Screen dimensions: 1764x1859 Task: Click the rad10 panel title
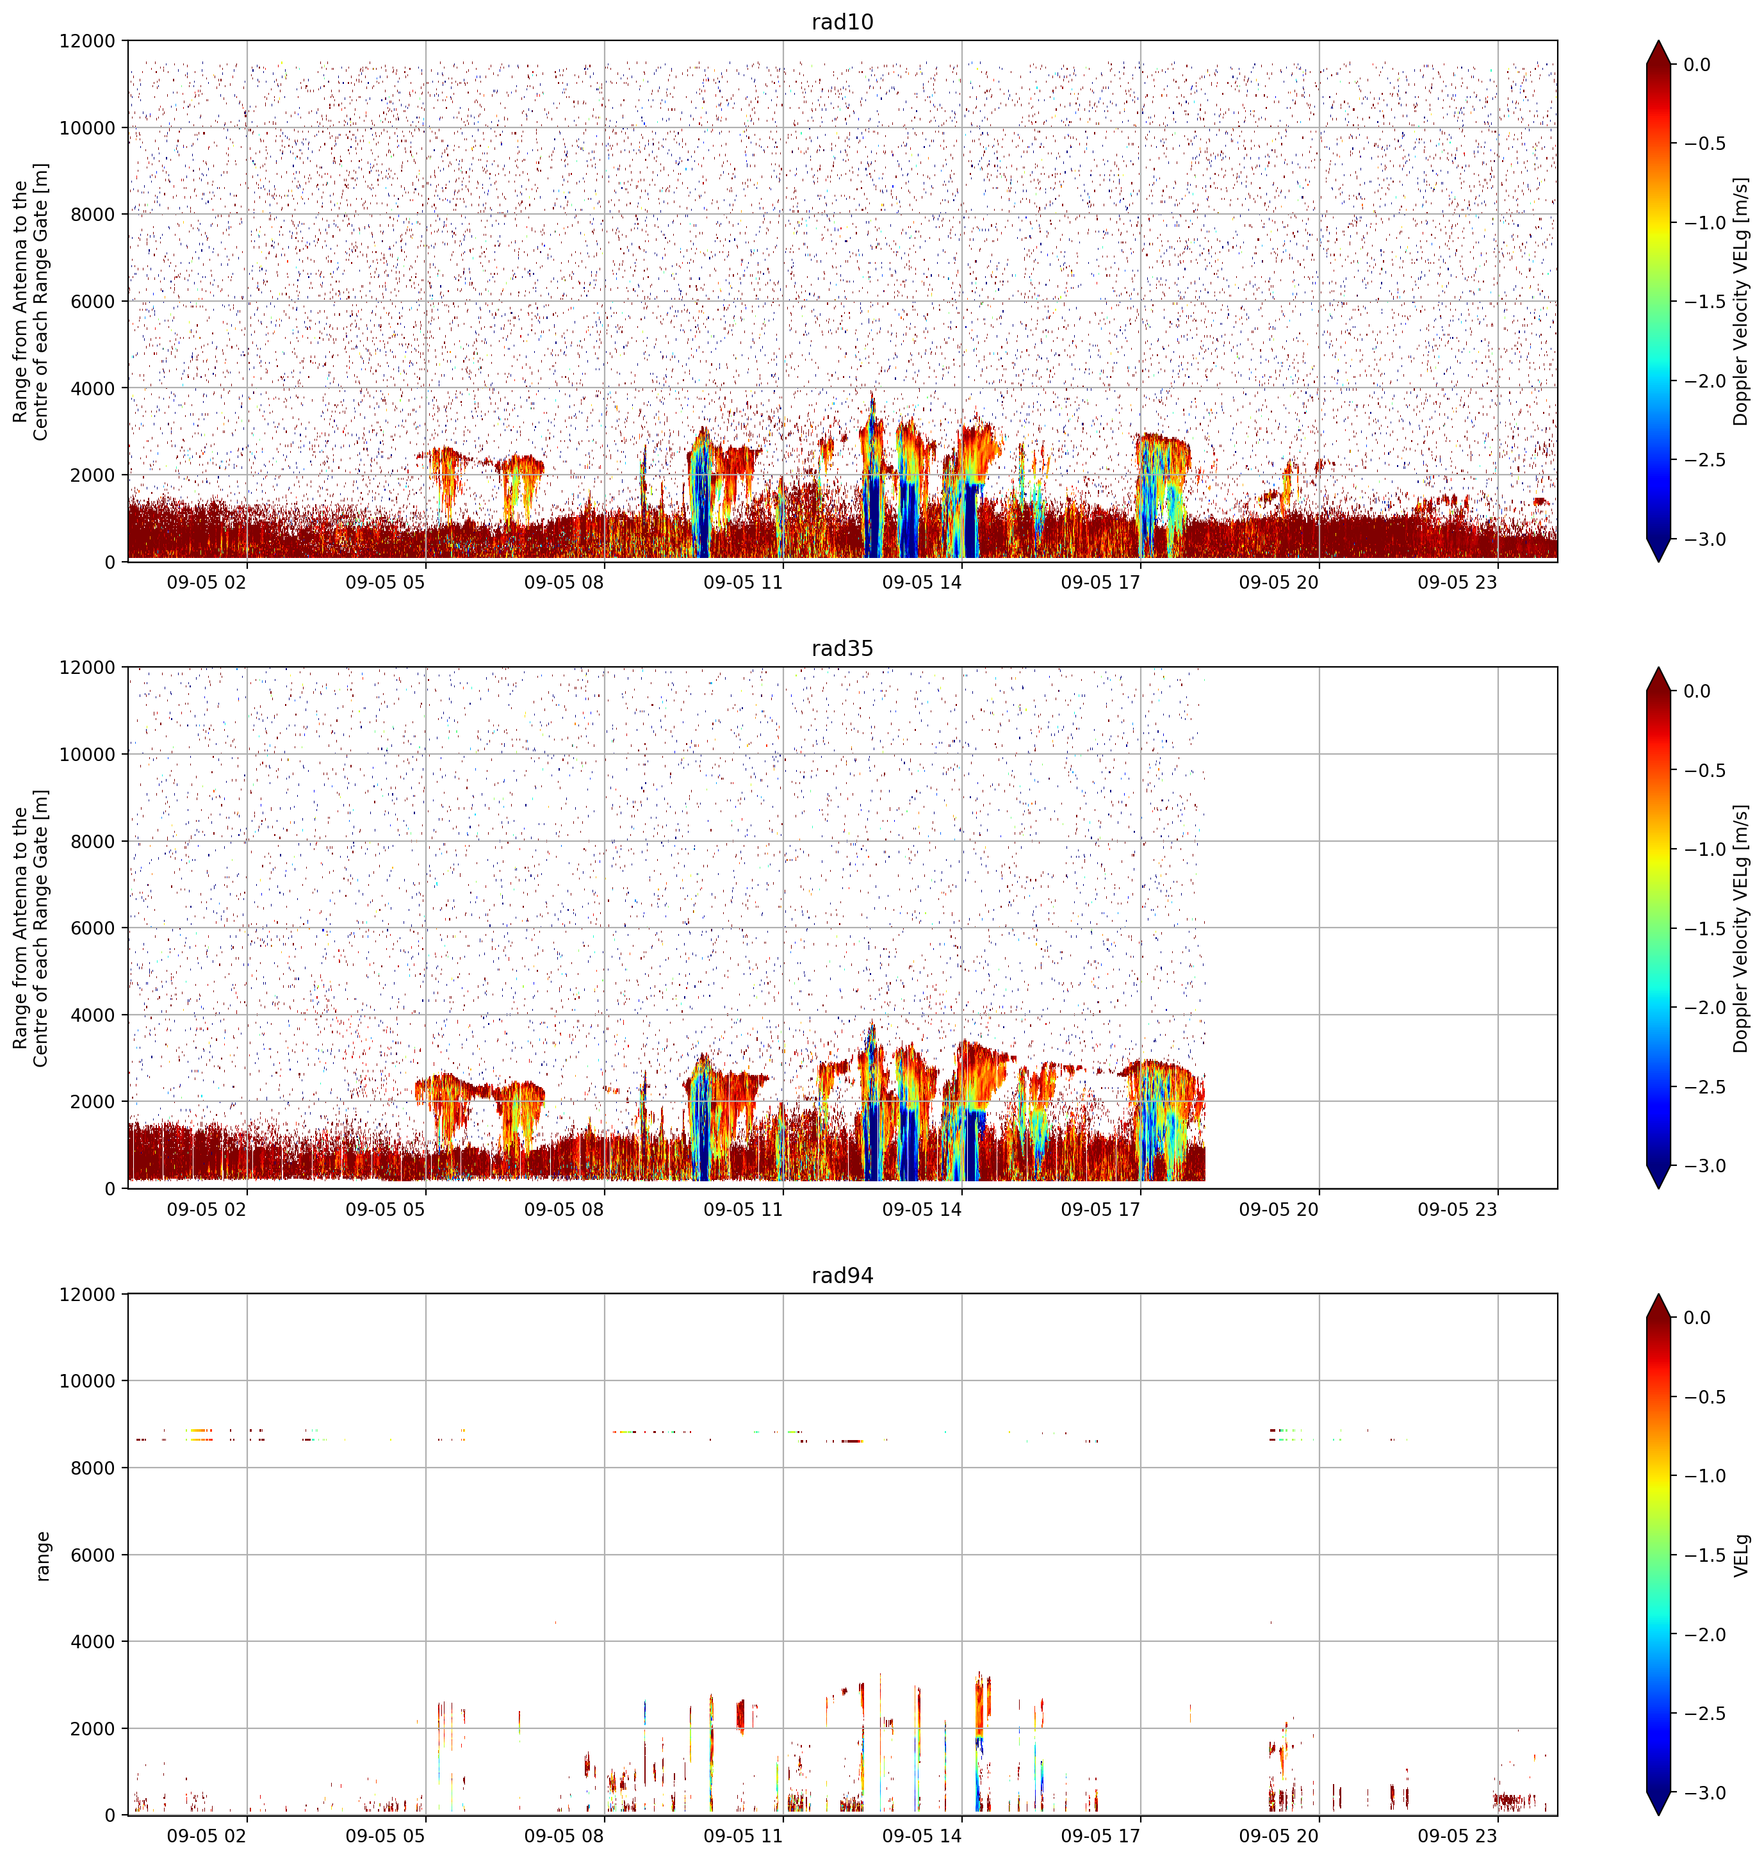click(842, 22)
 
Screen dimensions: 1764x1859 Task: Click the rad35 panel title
click(842, 649)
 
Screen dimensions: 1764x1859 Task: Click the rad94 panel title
click(842, 1276)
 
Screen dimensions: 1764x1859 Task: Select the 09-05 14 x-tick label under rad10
click(922, 582)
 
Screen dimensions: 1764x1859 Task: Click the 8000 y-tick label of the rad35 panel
click(93, 842)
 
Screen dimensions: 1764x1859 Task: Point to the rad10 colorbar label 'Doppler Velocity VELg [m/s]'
click(1742, 302)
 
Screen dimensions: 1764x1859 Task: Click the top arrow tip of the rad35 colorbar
click(1659, 667)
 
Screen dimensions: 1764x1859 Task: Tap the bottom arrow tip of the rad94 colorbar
click(1659, 1815)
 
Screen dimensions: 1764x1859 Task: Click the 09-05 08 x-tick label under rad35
click(564, 1209)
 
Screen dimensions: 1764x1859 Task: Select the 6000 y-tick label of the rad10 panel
click(93, 302)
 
